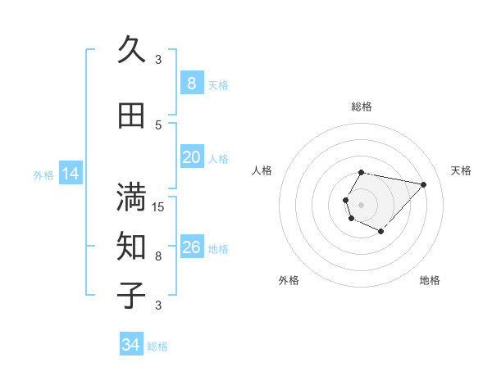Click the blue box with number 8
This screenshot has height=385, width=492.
pos(191,84)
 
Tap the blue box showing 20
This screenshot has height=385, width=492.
pos(191,157)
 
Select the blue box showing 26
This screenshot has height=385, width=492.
pos(191,247)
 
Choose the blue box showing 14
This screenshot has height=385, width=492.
pos(70,174)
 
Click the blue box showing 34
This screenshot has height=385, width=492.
pos(130,345)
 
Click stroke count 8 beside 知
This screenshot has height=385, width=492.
pos(158,256)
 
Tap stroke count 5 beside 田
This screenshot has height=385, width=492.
pos(158,125)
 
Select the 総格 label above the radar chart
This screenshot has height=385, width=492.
pos(362,106)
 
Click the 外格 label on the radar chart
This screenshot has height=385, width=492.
pos(289,280)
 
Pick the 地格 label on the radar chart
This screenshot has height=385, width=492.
pos(430,280)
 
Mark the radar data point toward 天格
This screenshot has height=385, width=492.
pos(423,184)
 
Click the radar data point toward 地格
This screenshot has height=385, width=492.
pos(380,232)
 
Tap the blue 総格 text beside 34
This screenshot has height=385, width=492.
pos(157,346)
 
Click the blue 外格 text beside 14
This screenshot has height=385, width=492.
pos(43,174)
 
